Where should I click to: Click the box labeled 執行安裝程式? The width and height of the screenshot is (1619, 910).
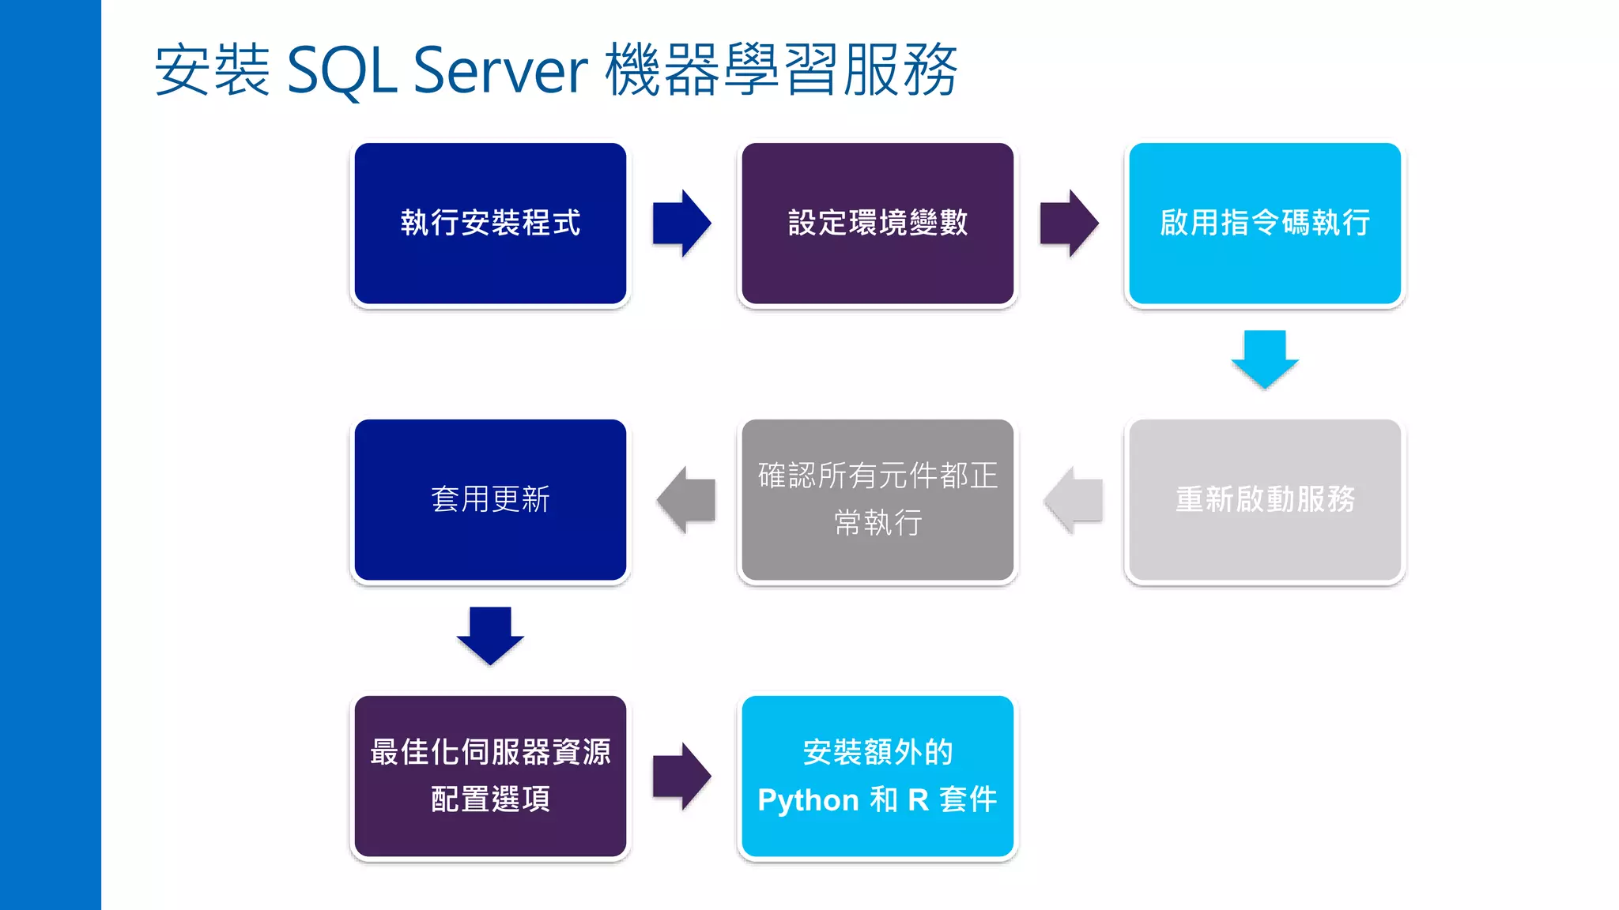click(490, 224)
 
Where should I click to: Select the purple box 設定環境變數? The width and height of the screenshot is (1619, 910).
click(877, 224)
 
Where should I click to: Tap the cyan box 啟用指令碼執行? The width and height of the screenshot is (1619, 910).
click(1265, 224)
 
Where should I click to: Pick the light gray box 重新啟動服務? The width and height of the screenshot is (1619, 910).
click(1265, 500)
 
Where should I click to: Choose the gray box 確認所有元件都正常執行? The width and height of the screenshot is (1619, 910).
click(877, 500)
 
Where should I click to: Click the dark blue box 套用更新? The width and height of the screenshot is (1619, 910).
click(490, 500)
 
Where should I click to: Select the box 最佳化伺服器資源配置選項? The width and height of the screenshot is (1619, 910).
click(490, 777)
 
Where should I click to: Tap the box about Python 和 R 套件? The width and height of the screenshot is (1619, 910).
click(877, 777)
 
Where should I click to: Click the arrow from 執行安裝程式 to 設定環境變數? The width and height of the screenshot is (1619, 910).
click(681, 224)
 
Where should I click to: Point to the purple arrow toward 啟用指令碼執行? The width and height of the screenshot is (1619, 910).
click(1069, 224)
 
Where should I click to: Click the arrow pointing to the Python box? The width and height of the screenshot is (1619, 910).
click(681, 777)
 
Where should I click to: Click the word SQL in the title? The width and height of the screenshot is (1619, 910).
click(341, 71)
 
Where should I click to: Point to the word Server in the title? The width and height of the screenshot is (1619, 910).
click(500, 71)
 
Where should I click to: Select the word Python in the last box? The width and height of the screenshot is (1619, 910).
click(808, 800)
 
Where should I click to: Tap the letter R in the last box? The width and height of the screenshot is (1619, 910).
click(918, 800)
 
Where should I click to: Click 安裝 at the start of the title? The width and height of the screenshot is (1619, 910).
click(212, 71)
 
